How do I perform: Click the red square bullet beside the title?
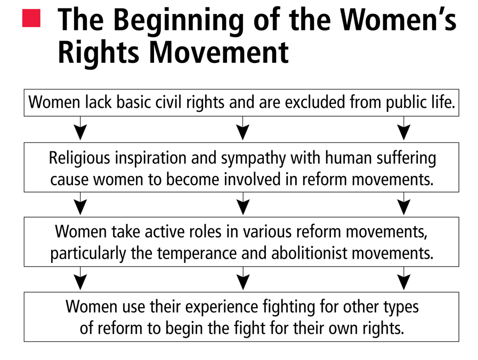coord(31,18)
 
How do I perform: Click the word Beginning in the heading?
coord(179,20)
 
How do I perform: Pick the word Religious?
coord(79,158)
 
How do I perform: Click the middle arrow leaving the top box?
coord(243,128)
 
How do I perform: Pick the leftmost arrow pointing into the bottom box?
coord(80,278)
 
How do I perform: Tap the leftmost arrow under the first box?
coord(80,128)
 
